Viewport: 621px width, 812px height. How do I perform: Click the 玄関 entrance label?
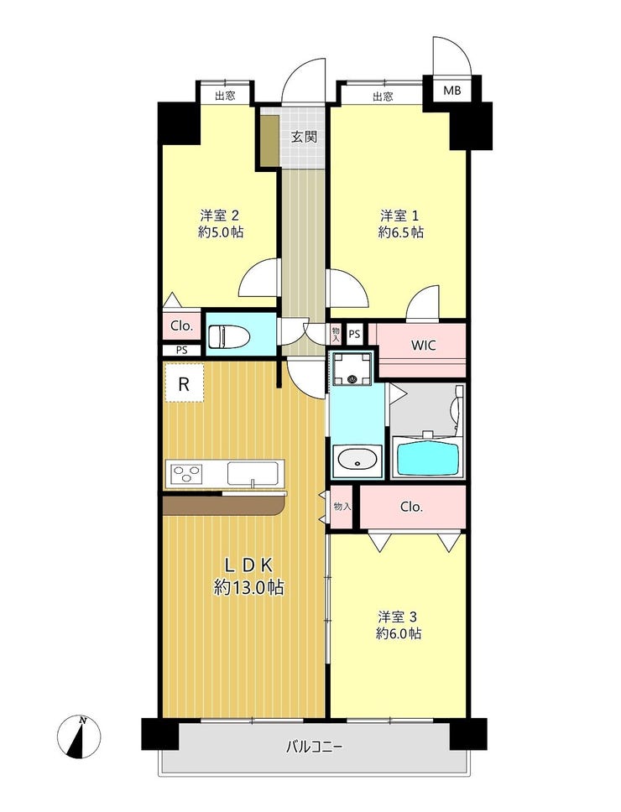(x=304, y=138)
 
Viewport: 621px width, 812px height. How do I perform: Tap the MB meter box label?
(x=451, y=91)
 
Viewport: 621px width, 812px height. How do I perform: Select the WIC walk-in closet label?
(x=423, y=345)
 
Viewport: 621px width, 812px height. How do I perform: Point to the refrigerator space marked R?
(x=183, y=383)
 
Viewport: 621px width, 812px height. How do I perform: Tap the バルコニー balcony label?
(x=315, y=747)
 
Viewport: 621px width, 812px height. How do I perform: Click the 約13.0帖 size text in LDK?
(x=248, y=587)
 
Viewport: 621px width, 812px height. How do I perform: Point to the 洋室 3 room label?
(x=397, y=617)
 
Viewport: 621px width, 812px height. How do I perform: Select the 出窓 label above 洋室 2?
(x=225, y=96)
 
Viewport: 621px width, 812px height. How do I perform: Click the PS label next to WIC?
(x=354, y=334)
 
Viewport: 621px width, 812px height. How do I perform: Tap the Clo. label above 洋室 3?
(x=412, y=507)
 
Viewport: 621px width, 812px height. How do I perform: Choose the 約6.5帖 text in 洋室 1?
(x=400, y=232)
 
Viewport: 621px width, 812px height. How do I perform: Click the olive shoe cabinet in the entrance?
(x=269, y=141)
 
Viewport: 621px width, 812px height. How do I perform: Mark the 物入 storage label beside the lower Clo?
(x=342, y=506)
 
